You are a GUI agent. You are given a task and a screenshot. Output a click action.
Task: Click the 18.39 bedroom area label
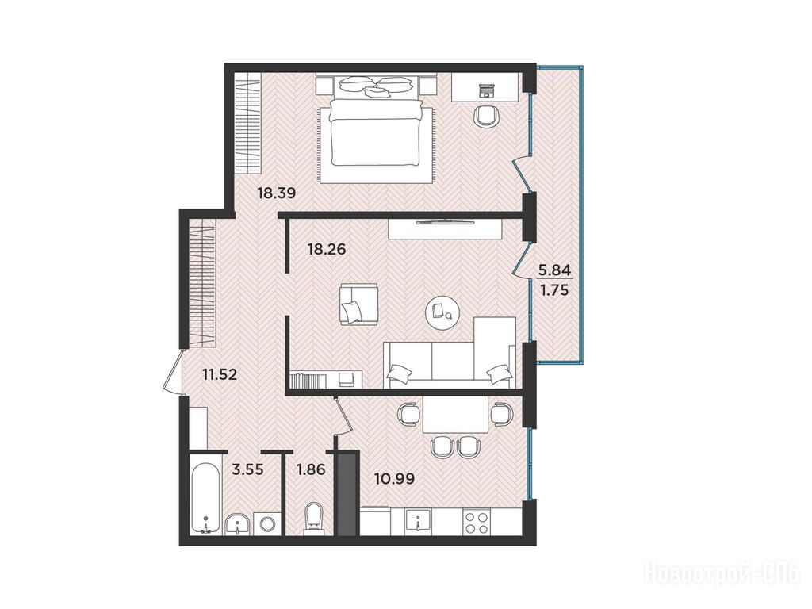[x=277, y=193]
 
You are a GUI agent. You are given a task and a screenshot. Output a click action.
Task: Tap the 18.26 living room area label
[x=326, y=250]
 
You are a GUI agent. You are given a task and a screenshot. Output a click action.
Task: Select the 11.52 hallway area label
[x=220, y=374]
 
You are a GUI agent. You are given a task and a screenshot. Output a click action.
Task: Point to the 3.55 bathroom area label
[x=248, y=470]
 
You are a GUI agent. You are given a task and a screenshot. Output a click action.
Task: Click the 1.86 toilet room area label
[x=310, y=470]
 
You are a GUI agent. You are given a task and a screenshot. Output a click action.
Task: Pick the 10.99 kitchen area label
[x=395, y=479]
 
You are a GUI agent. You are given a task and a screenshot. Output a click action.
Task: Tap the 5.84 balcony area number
[x=554, y=270]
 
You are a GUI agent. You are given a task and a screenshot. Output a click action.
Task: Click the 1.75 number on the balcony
[x=554, y=290]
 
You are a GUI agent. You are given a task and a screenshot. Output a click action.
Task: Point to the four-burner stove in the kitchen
[x=477, y=522]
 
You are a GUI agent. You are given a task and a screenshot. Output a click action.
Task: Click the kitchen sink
[x=419, y=521]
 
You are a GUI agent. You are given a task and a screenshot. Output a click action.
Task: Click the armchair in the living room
[x=358, y=304]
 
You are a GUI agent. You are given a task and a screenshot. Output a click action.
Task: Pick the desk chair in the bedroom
[x=487, y=116]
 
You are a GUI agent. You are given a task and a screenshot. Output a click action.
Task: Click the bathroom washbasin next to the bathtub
[x=238, y=523]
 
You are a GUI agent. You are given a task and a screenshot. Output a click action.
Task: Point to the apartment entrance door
[x=172, y=371]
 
